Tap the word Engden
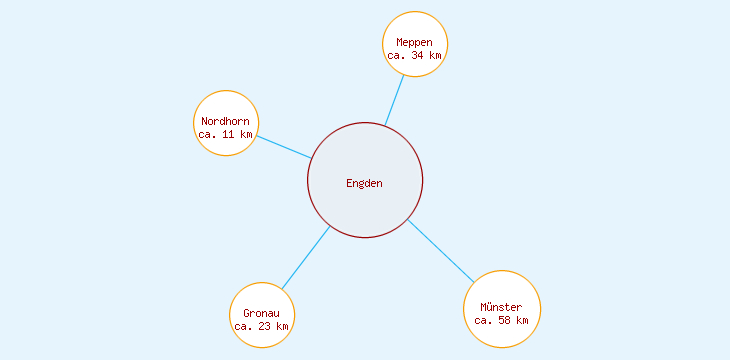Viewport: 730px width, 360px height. pyautogui.click(x=365, y=183)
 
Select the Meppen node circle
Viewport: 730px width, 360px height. pyautogui.click(x=415, y=28)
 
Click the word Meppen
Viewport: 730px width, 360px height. pyautogui.click(x=415, y=42)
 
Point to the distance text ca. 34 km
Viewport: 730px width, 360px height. pyautogui.click(x=415, y=56)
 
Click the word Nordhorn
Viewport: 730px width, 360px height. pyautogui.click(x=226, y=122)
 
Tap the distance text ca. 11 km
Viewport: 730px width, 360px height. pyautogui.click(x=226, y=134)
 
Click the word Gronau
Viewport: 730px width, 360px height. pyautogui.click(x=262, y=313)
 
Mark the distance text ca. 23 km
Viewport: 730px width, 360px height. pyautogui.click(x=262, y=326)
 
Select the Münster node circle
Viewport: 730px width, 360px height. pyautogui.click(x=502, y=290)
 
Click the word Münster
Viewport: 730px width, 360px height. pyautogui.click(x=501, y=307)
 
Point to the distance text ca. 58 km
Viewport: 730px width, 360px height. pyautogui.click(x=501, y=320)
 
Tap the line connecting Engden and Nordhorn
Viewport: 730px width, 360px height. pyautogui.click(x=283, y=146)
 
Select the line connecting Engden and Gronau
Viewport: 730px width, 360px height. pyautogui.click(x=305, y=258)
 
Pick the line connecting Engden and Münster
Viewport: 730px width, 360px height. pyautogui.click(x=441, y=250)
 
